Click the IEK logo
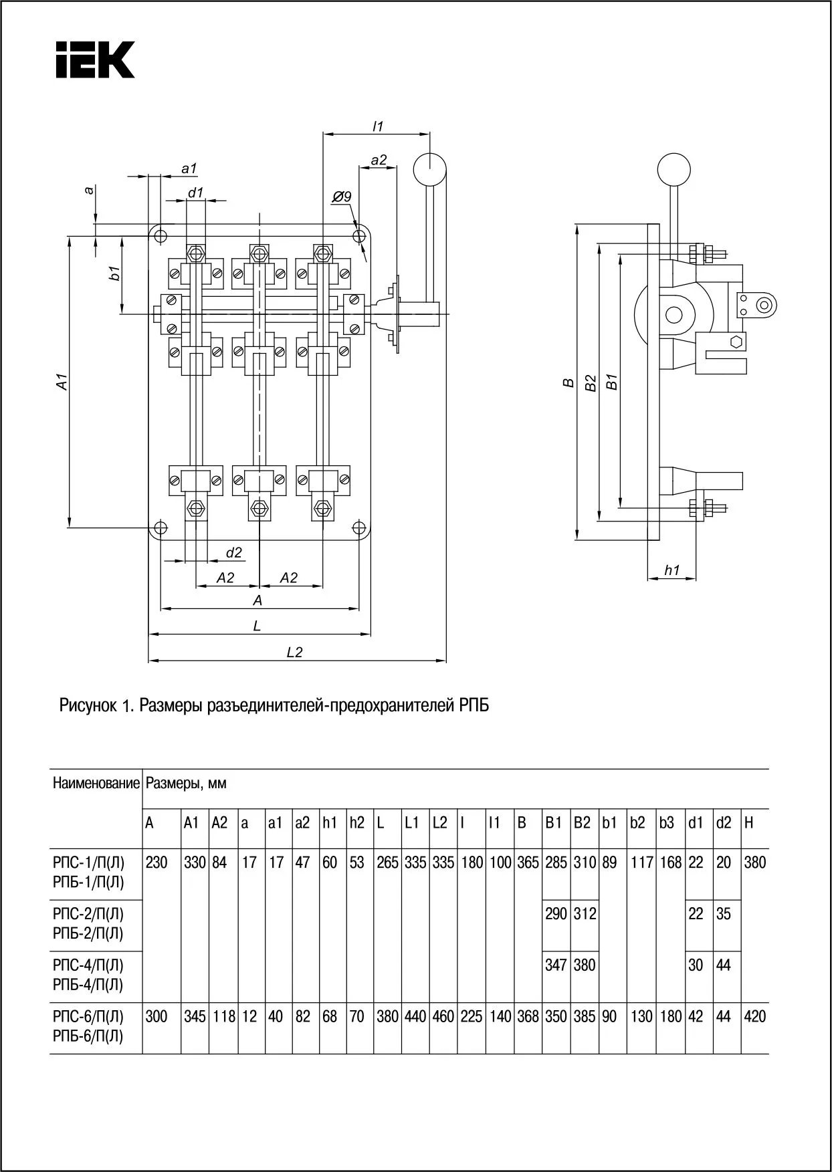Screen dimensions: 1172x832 [94, 60]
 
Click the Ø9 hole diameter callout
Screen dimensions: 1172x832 [341, 197]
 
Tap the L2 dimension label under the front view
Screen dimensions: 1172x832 [294, 652]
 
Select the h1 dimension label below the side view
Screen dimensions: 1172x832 [671, 570]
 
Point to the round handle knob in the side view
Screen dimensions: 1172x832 [673, 169]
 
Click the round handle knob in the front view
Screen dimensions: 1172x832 [429, 169]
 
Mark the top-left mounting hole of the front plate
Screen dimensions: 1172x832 [160, 235]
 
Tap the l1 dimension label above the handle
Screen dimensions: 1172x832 [377, 126]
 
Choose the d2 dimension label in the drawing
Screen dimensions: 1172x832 [233, 553]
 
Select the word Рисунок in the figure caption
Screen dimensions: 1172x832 [87, 705]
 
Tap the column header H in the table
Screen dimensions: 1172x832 [748, 823]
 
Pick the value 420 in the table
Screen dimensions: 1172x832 [754, 1017]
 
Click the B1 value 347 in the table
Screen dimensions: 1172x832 [556, 965]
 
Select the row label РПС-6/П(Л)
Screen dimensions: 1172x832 [88, 1017]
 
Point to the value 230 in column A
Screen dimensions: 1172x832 [157, 862]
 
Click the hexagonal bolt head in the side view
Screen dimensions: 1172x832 [736, 342]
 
